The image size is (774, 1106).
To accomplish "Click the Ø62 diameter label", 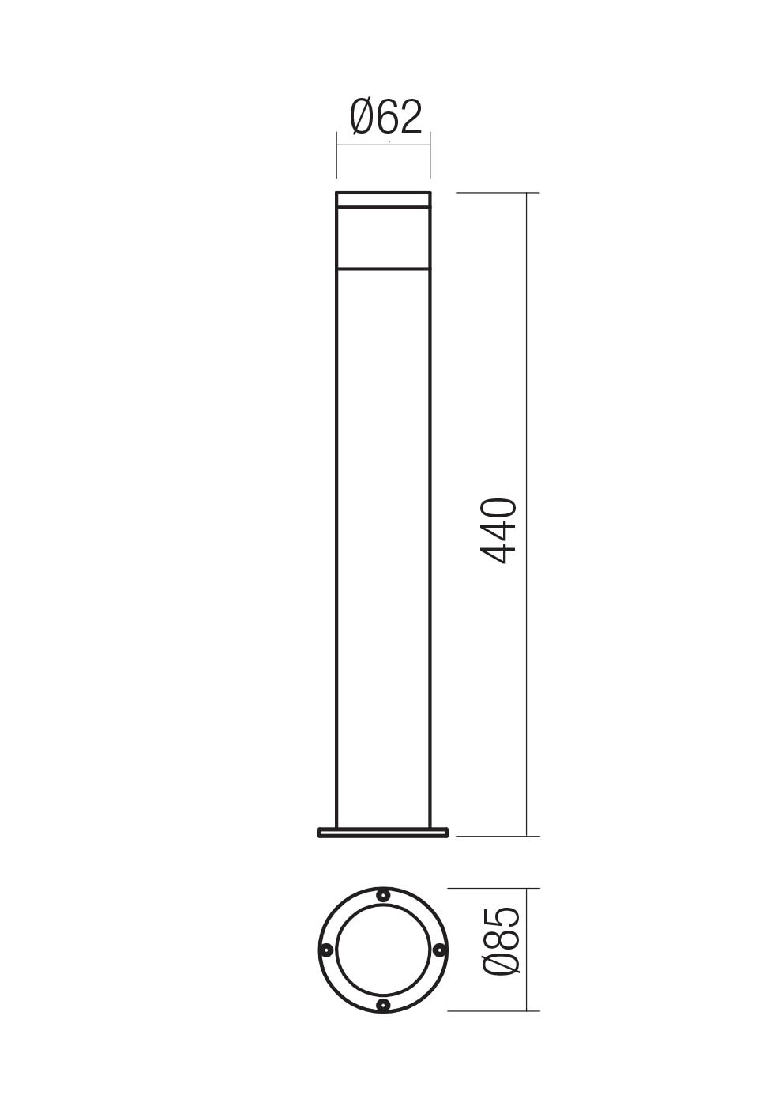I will tap(386, 118).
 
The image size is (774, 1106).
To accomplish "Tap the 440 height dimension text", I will tap(499, 531).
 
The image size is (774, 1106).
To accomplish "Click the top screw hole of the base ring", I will tap(383, 895).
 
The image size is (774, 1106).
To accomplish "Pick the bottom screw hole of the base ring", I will tap(383, 1004).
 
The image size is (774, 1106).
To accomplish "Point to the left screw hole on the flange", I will tap(325, 950).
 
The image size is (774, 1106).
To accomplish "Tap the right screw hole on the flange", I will tap(441, 950).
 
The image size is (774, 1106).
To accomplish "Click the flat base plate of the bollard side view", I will tap(383, 832).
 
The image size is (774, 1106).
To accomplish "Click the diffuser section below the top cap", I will tap(383, 237).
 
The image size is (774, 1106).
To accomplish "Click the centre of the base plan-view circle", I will tap(383, 950).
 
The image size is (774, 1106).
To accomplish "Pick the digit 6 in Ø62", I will tap(386, 118).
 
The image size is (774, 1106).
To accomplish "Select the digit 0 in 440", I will tap(499, 509).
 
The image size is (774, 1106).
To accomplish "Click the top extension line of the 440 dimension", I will tap(498, 193).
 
